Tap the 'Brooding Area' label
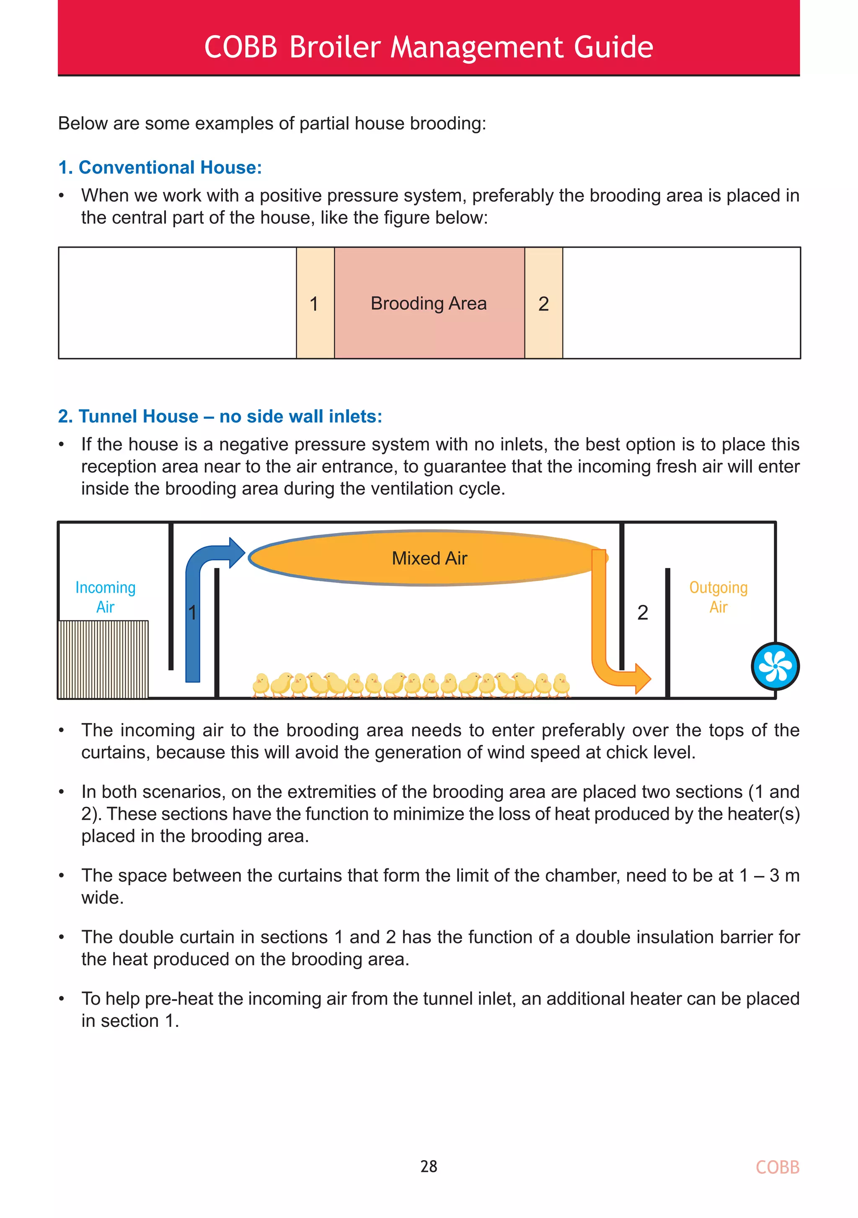click(x=429, y=303)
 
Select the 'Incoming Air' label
click(x=106, y=597)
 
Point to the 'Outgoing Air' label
click(x=718, y=597)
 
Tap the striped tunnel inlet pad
click(x=103, y=659)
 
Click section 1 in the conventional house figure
click(x=315, y=303)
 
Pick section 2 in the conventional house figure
click(x=543, y=303)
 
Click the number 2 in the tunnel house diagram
click(x=643, y=613)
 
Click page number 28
click(x=429, y=1166)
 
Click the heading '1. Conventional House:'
click(x=160, y=168)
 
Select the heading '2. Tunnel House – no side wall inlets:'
click(x=220, y=417)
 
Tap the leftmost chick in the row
click(x=261, y=685)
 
